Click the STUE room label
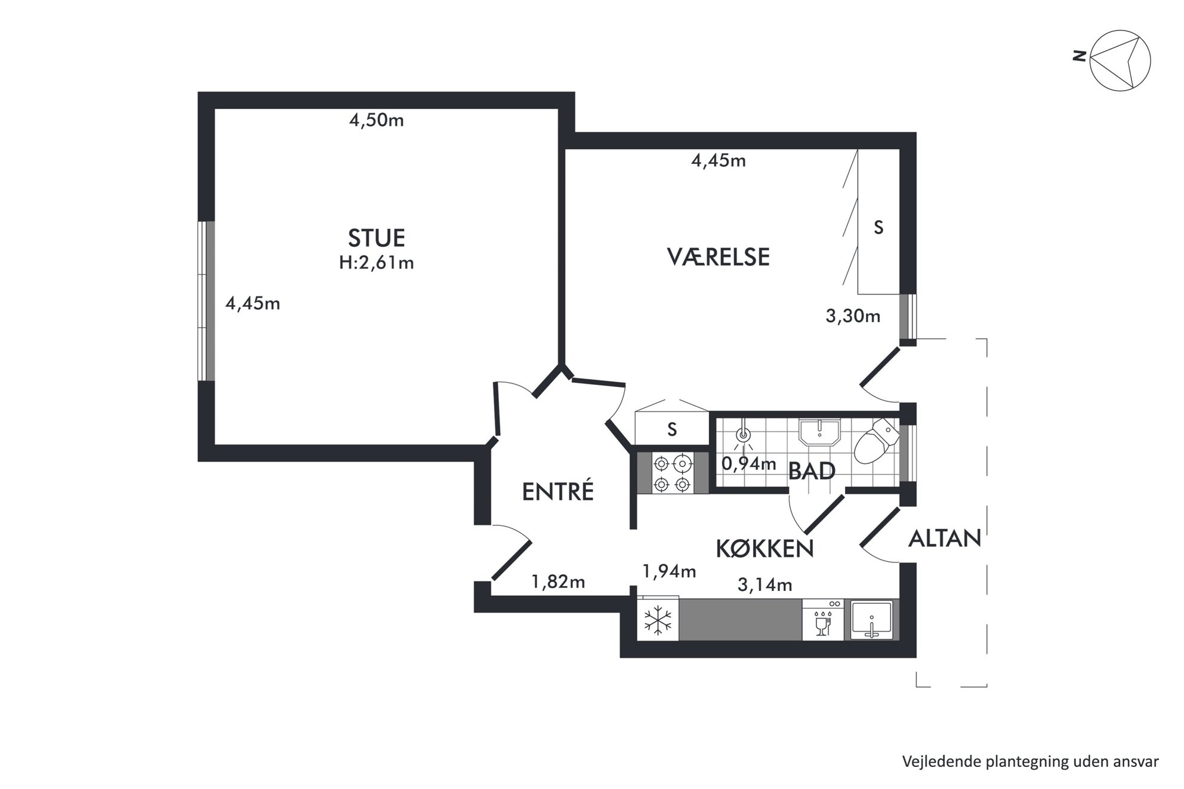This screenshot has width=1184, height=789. click(377, 238)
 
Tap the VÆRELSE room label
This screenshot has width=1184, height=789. click(718, 257)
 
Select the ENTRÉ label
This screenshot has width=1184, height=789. click(558, 491)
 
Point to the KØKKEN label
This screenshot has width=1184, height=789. click(764, 548)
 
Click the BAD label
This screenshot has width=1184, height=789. click(812, 471)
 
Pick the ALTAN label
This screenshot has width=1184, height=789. click(945, 539)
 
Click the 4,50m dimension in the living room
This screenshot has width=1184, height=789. click(377, 120)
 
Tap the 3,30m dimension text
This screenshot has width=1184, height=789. click(853, 316)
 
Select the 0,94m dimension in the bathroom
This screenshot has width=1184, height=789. click(749, 463)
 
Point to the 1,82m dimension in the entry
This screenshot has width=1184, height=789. click(558, 581)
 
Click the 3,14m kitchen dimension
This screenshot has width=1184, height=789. click(765, 585)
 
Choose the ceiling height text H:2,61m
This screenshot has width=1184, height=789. click(377, 262)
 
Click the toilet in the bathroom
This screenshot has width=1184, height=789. click(876, 441)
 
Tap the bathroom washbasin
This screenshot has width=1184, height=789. click(819, 431)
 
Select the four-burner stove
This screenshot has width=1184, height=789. click(673, 473)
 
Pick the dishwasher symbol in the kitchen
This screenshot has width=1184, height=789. click(823, 620)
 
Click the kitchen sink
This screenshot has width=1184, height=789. click(872, 620)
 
